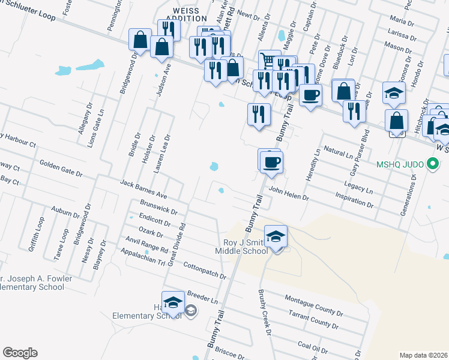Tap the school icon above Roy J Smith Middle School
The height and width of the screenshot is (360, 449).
(276, 236)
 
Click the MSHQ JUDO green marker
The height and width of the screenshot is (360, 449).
(432, 164)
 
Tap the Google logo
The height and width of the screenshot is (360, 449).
(20, 353)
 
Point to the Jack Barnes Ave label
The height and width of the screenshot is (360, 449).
(143, 189)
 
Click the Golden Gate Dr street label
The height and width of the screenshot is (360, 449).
(61, 168)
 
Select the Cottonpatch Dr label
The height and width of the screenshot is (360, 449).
(204, 271)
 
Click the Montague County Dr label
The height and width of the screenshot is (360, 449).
(313, 305)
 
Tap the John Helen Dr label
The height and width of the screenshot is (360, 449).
(289, 193)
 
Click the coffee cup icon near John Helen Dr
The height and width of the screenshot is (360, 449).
(271, 162)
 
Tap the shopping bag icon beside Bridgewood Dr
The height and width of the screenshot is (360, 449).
(140, 40)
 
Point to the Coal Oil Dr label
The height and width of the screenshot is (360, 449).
(312, 346)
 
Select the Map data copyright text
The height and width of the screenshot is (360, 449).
(423, 355)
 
